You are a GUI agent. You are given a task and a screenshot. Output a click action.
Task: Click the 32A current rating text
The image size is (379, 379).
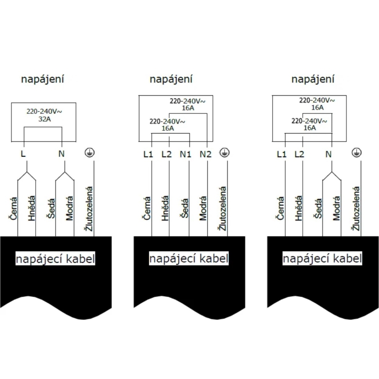click(45, 119)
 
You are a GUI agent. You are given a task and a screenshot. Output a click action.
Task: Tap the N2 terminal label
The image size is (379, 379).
click(206, 154)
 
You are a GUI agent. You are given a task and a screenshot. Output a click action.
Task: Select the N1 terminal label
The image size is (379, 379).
click(186, 154)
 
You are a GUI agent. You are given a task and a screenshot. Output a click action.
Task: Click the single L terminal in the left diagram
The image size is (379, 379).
click(23, 153)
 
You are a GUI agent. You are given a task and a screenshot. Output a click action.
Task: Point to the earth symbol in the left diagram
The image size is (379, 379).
click(90, 153)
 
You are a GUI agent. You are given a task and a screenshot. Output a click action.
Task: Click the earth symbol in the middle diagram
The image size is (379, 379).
click(224, 153)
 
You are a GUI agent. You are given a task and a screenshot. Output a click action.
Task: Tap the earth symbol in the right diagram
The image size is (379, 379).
click(357, 153)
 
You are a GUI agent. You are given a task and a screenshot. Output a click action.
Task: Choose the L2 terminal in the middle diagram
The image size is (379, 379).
click(167, 154)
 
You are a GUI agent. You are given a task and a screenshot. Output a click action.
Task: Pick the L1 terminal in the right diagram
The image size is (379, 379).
click(281, 154)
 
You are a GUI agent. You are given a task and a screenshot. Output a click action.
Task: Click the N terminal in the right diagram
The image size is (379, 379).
click(328, 154)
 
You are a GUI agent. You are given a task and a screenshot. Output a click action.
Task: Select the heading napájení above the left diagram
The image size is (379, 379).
click(43, 79)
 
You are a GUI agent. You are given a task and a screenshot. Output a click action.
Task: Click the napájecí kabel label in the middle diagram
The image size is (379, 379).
click(189, 258)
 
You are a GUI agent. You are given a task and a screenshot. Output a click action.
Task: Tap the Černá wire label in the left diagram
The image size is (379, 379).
click(14, 208)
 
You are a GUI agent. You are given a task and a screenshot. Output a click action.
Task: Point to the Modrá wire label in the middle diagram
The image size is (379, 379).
click(203, 208)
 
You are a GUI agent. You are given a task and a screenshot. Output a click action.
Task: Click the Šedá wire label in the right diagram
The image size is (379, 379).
click(318, 208)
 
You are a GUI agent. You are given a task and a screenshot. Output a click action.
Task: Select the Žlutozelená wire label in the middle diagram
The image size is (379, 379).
click(223, 208)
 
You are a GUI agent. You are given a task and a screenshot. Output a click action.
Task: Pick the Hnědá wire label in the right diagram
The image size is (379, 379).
click(298, 208)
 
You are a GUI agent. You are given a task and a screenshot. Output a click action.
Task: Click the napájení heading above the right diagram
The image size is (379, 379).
click(313, 79)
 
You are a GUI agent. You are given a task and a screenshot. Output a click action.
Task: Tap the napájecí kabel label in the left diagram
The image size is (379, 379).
click(55, 258)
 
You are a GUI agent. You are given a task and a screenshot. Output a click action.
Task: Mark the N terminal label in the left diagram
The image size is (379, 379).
click(62, 153)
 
